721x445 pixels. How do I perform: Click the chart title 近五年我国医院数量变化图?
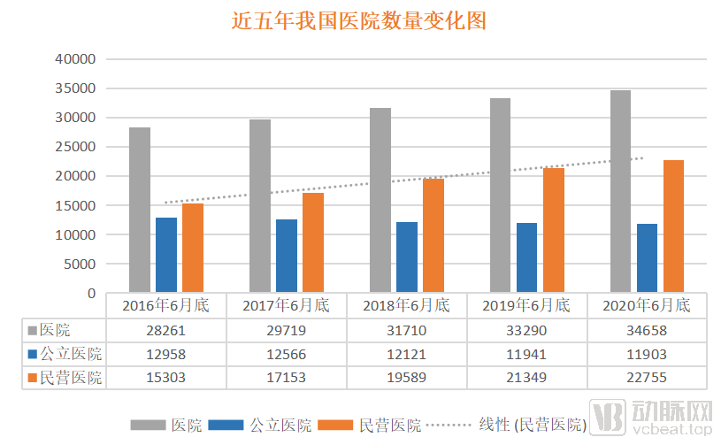click(x=359, y=20)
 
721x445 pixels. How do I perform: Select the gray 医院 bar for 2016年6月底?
click(x=140, y=210)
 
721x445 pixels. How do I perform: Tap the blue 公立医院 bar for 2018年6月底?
click(x=406, y=257)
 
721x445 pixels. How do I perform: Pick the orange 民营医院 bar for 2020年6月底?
click(x=672, y=226)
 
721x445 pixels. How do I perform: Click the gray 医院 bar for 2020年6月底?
click(x=620, y=191)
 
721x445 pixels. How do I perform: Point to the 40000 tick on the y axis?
click(x=75, y=59)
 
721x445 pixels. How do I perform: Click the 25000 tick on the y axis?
click(x=75, y=147)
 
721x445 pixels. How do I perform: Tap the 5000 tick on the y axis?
click(x=79, y=264)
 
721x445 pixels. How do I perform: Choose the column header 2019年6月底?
click(x=525, y=306)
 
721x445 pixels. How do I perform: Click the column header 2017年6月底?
click(x=286, y=306)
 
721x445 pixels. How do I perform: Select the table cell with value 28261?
click(x=165, y=330)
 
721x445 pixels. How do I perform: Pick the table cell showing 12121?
click(x=406, y=354)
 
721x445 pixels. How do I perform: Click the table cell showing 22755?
click(x=646, y=378)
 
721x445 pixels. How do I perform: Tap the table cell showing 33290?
click(x=525, y=330)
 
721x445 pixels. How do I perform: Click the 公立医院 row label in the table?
click(x=64, y=354)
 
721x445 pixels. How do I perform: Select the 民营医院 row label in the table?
click(x=64, y=378)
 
